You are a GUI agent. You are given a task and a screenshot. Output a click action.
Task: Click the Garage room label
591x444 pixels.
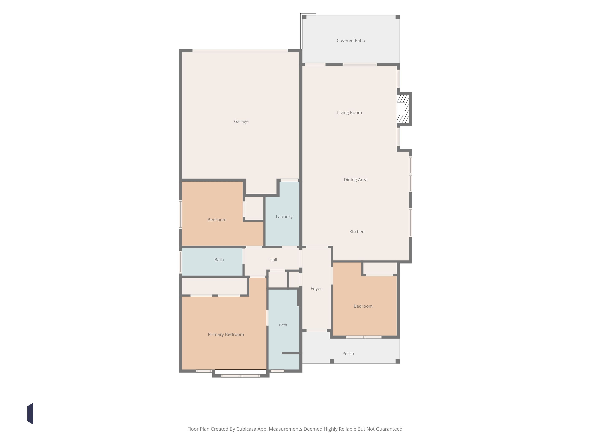[241, 122]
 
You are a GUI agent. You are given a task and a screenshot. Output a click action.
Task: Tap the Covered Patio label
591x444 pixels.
[351, 40]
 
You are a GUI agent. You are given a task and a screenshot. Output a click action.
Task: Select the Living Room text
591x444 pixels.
[350, 113]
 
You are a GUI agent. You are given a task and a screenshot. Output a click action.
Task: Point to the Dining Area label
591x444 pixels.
[355, 180]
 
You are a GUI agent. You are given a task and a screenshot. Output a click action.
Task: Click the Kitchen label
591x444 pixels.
[357, 232]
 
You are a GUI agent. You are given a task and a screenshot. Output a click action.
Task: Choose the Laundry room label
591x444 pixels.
[284, 217]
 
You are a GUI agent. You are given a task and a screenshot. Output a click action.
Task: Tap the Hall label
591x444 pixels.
[273, 260]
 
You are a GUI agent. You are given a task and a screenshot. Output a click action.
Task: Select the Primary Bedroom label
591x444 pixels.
[226, 334]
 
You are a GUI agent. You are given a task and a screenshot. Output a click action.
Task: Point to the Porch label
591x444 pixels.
[348, 354]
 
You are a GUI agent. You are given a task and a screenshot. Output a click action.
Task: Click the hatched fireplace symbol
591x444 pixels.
[403, 109]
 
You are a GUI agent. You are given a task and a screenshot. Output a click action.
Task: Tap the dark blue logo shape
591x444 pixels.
[30, 414]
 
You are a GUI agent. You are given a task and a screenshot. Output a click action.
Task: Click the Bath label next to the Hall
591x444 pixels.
[219, 260]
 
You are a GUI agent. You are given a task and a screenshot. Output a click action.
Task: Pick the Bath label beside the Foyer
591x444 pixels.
[283, 325]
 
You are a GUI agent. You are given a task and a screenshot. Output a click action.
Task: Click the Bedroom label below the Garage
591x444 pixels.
[217, 220]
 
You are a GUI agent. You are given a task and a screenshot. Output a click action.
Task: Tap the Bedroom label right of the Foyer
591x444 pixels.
[363, 306]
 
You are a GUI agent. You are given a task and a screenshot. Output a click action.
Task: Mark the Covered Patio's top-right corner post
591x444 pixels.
[398, 17]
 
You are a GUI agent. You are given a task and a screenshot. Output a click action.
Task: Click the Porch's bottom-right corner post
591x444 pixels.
[398, 361]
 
